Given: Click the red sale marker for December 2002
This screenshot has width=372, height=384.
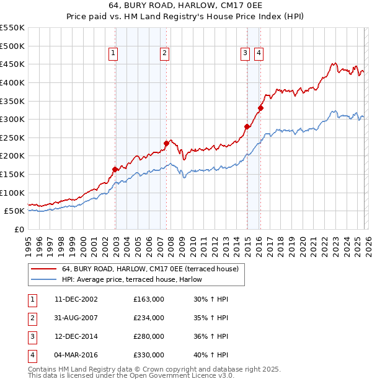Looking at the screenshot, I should (115, 169).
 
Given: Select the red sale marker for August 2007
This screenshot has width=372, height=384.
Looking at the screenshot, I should (166, 143).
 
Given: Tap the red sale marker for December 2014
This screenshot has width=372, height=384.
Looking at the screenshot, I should (247, 126).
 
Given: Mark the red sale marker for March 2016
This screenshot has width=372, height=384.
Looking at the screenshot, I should (260, 108).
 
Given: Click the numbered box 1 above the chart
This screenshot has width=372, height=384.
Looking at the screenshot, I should (114, 54).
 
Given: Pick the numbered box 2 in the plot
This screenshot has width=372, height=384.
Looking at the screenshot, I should (164, 54).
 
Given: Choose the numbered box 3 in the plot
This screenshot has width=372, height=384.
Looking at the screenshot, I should (246, 54).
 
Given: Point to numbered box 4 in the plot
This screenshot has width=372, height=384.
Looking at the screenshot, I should (258, 54).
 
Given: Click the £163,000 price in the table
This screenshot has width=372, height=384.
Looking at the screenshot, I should (149, 299).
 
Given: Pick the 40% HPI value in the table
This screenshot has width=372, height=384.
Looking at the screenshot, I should (211, 355).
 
